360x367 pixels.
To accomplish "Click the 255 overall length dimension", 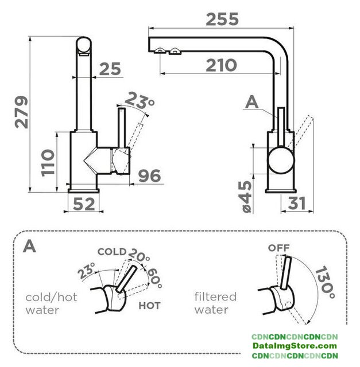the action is pos(222,19).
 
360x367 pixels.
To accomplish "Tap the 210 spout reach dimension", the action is pos(221,65).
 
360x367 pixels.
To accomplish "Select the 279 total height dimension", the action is pos(21,112).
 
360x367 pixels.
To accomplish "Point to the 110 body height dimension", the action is pos(48,163).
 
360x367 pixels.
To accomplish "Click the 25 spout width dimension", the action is pos(110,69).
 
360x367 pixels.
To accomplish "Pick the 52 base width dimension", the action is pos(84,204).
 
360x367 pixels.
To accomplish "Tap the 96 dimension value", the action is pos(149,175).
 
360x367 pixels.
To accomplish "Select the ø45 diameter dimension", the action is pos(247,197).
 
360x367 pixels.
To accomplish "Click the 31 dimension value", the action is pos(297,203).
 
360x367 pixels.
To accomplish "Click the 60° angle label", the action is pos(154,278).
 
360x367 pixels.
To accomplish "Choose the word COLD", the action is pos(112,252).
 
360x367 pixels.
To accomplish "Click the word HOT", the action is pos(149,306).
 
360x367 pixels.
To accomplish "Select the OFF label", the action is pos(278,248).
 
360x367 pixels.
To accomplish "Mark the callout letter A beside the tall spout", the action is pos(251,102).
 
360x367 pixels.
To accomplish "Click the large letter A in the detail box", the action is pos(29,246).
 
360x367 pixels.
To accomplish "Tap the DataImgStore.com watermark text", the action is pos(295,346).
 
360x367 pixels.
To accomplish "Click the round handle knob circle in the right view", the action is pos(281,160).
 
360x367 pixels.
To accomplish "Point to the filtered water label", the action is pos(215,303).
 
